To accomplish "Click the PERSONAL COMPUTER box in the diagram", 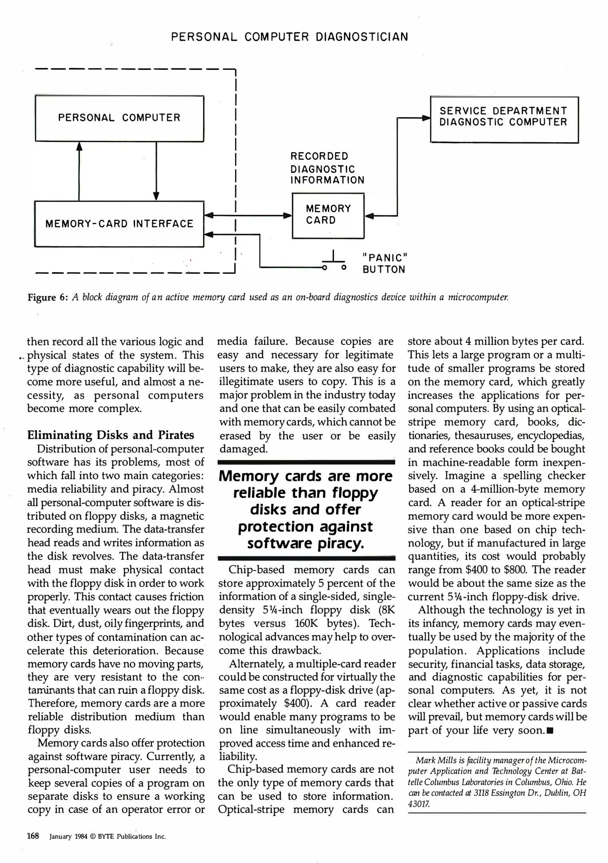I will (119, 118).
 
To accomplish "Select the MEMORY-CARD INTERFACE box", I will (119, 224).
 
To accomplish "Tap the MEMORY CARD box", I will (328, 215).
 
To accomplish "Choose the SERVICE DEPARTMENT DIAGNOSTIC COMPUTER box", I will (504, 119).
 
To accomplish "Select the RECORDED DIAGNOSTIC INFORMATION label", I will (327, 168).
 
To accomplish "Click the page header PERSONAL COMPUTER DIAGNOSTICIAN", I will (290, 37).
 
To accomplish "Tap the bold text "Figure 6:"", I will (48, 298).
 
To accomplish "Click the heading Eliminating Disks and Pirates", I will (110, 435).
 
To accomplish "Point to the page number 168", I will (33, 836).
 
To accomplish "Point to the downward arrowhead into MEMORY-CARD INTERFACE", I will (156, 196).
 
